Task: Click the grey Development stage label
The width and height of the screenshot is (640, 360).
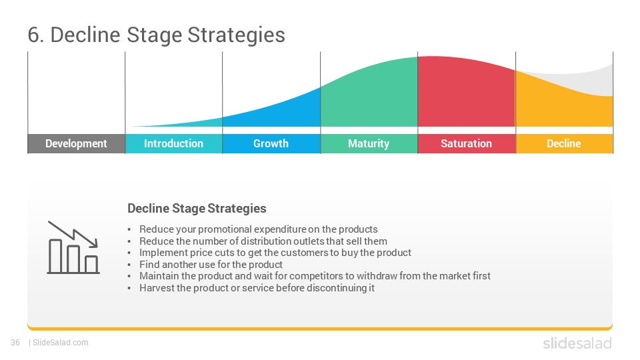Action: (76, 144)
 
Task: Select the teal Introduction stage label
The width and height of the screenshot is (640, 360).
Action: (174, 144)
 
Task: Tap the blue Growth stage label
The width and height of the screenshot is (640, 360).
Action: (271, 144)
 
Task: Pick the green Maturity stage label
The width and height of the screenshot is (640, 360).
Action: (369, 144)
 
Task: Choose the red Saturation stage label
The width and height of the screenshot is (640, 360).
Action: (467, 144)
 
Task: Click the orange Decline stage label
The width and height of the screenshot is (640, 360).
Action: (564, 144)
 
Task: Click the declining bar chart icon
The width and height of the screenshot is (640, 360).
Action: (73, 247)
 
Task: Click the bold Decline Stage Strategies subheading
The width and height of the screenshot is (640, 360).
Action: (197, 209)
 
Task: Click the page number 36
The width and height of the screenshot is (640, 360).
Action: (15, 343)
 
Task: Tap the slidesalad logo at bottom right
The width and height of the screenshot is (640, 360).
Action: (577, 343)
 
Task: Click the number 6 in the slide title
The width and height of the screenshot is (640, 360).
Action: (34, 35)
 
